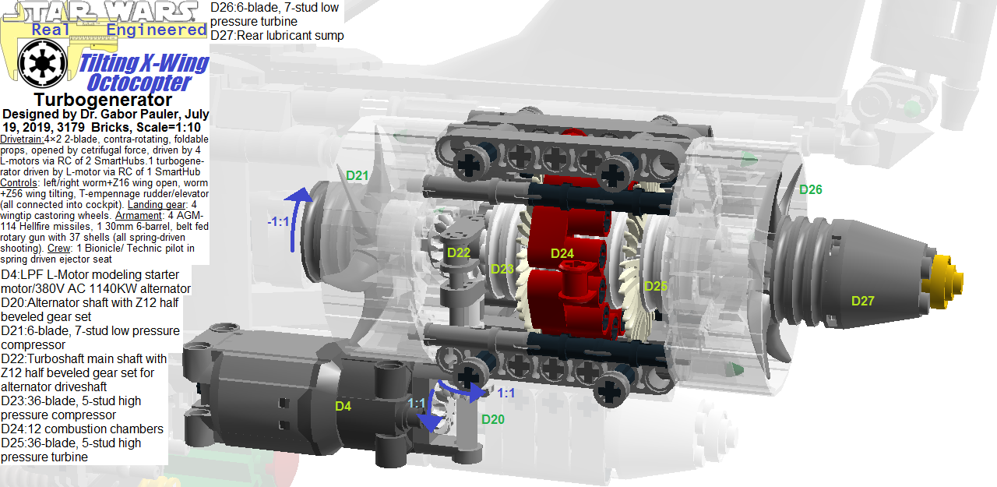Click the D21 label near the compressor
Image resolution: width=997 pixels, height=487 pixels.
(357, 176)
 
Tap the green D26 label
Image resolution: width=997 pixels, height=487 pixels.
(810, 189)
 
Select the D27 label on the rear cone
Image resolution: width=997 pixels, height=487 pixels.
(862, 301)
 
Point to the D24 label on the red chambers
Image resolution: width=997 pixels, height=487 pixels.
(562, 253)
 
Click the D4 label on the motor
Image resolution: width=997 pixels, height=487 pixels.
(343, 406)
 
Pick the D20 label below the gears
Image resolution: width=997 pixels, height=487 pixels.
(492, 419)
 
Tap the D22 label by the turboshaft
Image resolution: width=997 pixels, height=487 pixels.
(458, 252)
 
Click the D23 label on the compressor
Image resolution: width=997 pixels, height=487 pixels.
(502, 269)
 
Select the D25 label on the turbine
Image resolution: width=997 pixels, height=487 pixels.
(655, 286)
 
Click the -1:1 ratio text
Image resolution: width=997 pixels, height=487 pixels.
(278, 222)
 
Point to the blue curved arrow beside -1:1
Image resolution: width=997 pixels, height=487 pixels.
(300, 218)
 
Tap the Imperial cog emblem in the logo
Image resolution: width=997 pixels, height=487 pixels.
(35, 64)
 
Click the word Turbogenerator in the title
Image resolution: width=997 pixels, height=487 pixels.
(103, 100)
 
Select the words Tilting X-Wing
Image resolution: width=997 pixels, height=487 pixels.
(145, 63)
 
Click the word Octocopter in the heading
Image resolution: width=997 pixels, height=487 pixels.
(139, 82)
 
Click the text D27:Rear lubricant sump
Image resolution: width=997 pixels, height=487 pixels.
(277, 35)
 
